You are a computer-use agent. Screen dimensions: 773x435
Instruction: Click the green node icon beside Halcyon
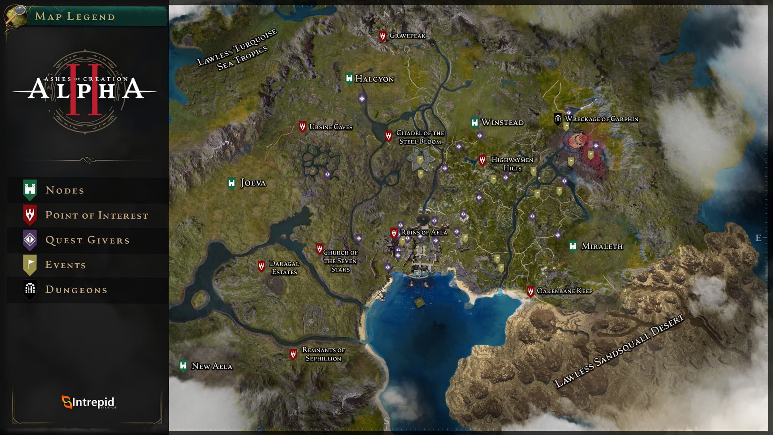(x=349, y=78)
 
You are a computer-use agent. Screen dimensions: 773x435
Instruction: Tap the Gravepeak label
(x=407, y=35)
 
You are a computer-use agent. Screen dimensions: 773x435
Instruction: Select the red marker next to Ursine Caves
(x=302, y=126)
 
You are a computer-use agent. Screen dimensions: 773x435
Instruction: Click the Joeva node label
(x=253, y=183)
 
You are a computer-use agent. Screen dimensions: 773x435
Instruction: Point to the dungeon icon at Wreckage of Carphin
(x=558, y=118)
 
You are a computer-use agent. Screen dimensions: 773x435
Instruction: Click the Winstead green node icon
(x=475, y=122)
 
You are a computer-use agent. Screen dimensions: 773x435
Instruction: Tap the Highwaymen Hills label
(x=512, y=164)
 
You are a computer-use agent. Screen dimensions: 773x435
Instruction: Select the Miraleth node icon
(x=573, y=246)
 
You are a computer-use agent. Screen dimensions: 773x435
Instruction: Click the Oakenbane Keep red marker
(x=531, y=291)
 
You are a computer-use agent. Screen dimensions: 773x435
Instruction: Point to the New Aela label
(x=212, y=366)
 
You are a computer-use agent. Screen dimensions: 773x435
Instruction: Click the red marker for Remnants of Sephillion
(x=293, y=354)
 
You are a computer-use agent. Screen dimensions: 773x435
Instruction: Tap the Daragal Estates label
(x=284, y=267)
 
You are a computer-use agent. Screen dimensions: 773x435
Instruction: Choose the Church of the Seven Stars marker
(x=320, y=249)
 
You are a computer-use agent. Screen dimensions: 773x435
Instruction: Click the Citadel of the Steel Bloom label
(x=420, y=137)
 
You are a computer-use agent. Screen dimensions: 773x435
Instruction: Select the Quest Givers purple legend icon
(x=30, y=240)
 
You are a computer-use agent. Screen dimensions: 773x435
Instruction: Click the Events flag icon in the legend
(x=30, y=265)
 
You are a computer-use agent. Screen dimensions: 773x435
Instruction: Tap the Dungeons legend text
(x=76, y=290)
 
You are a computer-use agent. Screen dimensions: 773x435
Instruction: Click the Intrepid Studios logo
(x=89, y=402)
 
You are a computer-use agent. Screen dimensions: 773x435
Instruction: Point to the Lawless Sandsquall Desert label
(x=619, y=351)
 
